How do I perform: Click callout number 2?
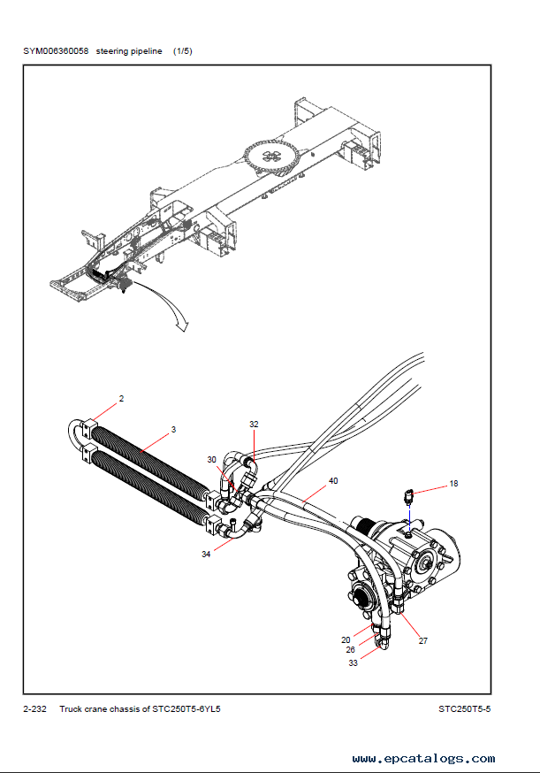point(122,398)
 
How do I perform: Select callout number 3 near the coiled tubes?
point(173,429)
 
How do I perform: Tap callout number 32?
point(254,424)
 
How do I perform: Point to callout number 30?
point(212,459)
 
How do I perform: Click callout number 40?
point(333,480)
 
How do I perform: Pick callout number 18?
point(453,484)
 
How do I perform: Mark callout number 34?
point(206,555)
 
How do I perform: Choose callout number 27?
point(423,641)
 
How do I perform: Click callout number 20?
point(346,640)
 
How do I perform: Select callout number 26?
point(350,650)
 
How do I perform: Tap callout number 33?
point(354,663)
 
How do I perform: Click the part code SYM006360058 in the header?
point(56,50)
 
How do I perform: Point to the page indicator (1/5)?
point(182,50)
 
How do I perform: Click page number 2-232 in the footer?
point(34,709)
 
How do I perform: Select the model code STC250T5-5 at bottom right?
point(465,709)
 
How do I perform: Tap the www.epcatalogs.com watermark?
point(423,758)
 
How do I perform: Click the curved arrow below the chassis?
point(171,302)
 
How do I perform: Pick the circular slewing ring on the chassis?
point(271,156)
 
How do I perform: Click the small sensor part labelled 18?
point(409,496)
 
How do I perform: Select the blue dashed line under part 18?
point(409,518)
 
